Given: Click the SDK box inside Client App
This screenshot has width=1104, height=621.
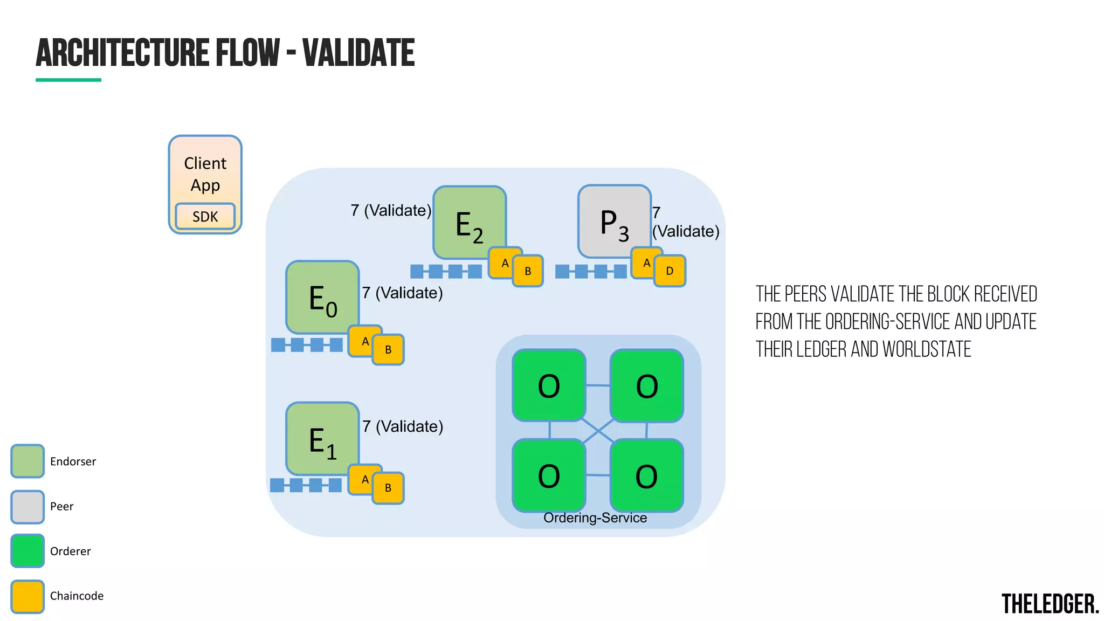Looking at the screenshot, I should coord(205,216).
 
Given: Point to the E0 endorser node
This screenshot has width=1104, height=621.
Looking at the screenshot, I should coord(322,297).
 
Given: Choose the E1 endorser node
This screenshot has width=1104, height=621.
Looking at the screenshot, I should coord(322,438).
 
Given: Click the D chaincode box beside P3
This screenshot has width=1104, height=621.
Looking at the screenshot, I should coord(670,271).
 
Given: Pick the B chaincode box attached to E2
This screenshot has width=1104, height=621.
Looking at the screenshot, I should coord(528,271).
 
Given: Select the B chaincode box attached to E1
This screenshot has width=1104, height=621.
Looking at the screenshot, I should coord(388,488).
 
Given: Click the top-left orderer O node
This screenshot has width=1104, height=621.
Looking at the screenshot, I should coord(549,385).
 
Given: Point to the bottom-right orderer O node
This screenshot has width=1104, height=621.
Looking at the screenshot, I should coord(646,475).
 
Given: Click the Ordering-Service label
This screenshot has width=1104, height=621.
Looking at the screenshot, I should coord(595,517).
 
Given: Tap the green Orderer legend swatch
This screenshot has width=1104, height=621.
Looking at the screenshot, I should coord(27,551).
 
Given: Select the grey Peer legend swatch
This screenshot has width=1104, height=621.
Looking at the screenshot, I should coord(27,507).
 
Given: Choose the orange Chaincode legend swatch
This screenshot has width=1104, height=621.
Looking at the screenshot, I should coord(27,596).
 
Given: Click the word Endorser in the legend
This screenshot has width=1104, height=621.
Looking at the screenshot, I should coord(73,461).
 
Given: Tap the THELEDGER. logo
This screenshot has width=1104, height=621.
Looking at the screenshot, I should coord(1050,604).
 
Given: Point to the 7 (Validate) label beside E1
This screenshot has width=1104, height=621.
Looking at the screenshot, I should coord(403,426).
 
